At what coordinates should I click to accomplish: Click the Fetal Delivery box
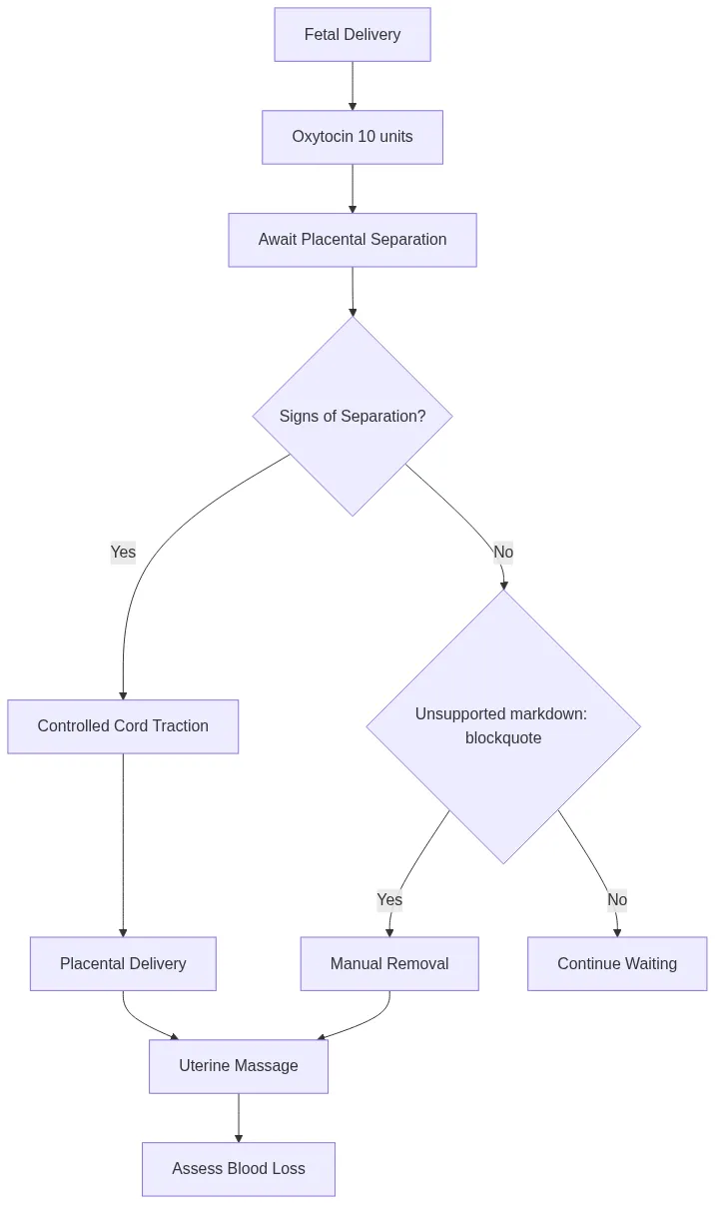coord(353,35)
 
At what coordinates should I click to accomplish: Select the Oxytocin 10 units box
coord(353,137)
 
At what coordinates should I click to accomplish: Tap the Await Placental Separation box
coord(353,240)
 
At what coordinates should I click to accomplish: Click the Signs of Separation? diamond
coord(353,416)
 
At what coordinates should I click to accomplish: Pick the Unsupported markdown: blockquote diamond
coord(503,726)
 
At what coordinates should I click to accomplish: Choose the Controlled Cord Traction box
coord(123,726)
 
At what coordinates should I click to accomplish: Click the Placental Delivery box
coord(123,964)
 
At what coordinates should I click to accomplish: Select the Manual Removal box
coord(389,964)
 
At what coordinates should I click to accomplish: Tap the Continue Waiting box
coord(617,964)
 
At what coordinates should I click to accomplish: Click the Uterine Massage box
coord(239,1066)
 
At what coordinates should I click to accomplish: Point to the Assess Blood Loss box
coord(239,1169)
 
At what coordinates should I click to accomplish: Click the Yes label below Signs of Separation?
coord(123,553)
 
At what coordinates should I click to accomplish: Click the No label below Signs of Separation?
coord(503,553)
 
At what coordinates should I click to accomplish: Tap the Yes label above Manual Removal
coord(389,900)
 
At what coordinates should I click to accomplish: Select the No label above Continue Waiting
coord(617,900)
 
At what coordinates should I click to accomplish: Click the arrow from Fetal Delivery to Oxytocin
coord(353,86)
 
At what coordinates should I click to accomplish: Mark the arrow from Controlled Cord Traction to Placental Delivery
coord(123,844)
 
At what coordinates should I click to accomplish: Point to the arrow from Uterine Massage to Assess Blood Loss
coord(239,1118)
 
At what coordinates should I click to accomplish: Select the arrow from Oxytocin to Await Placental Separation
coord(353,189)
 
